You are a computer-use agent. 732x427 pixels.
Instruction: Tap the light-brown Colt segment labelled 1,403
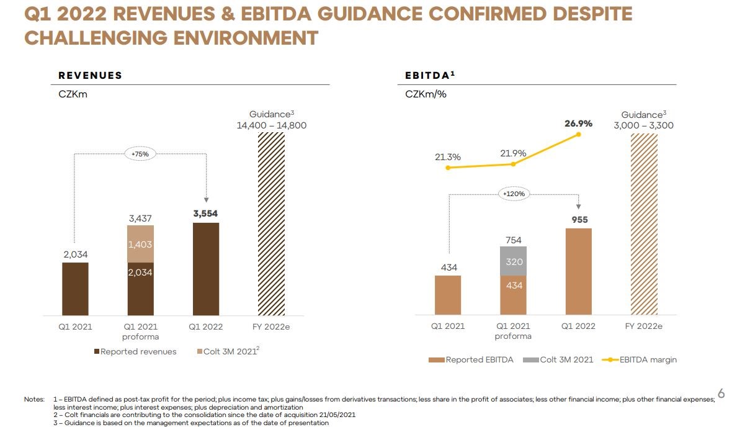click(x=140, y=245)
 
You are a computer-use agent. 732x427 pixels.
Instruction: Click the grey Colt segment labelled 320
click(x=513, y=261)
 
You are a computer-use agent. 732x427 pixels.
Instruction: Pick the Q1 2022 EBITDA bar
click(x=578, y=271)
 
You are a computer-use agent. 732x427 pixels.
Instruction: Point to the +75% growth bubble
click(x=140, y=153)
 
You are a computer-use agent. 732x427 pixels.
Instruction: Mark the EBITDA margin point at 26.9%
click(x=578, y=134)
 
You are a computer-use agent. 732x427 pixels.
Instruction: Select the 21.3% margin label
click(x=447, y=157)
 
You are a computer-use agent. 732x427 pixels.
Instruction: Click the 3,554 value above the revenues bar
click(x=206, y=213)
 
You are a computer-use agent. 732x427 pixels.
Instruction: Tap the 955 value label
click(x=579, y=219)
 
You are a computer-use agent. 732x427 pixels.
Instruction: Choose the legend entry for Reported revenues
click(x=135, y=352)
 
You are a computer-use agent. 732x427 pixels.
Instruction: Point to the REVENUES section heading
click(x=90, y=76)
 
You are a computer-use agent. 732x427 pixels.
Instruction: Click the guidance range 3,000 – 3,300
click(x=643, y=125)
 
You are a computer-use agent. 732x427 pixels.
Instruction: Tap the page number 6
click(x=721, y=393)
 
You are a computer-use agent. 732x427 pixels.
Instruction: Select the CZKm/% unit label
click(x=426, y=94)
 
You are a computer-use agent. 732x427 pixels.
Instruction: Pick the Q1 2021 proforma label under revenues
click(x=140, y=331)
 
